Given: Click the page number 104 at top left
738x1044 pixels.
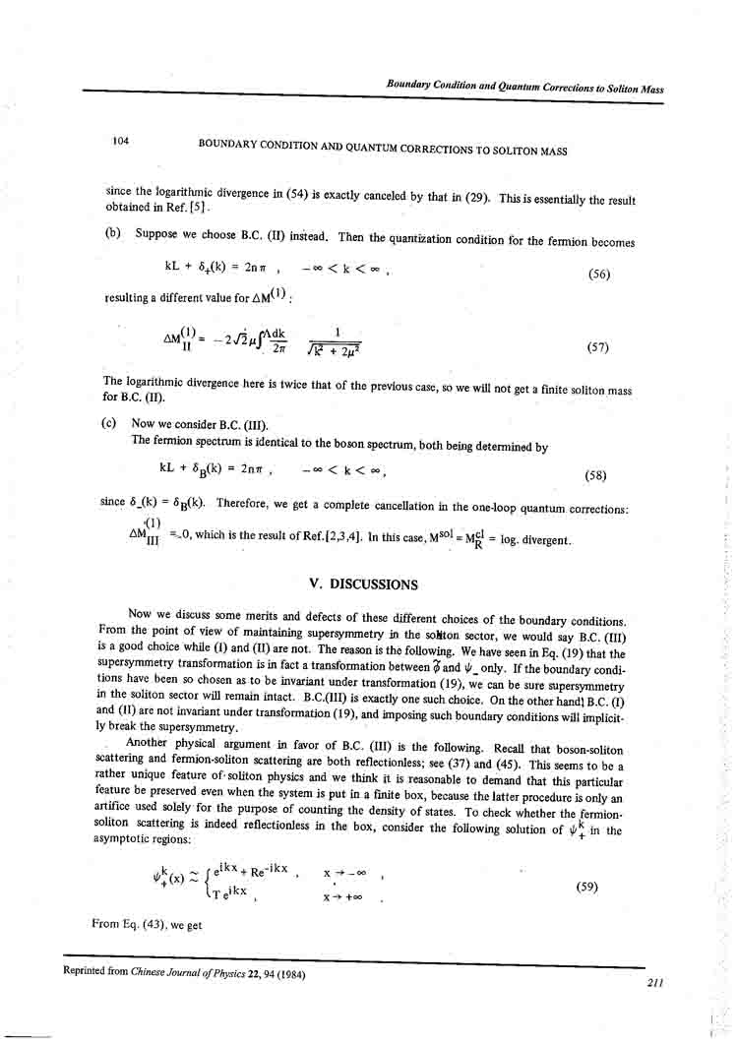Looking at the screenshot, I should (x=121, y=141).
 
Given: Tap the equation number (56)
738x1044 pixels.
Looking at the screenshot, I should (x=598, y=275).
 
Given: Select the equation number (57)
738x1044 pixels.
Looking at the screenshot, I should (x=597, y=347).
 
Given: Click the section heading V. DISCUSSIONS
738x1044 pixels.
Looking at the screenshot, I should (x=363, y=583).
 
